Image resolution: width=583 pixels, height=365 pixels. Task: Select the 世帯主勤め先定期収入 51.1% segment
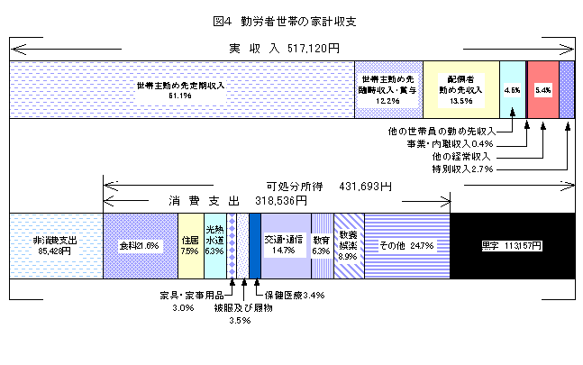pyautogui.click(x=180, y=88)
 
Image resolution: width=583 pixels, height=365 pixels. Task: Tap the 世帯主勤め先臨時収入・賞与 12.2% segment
pyautogui.click(x=387, y=88)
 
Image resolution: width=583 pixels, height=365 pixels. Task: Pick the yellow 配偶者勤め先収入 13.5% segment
pyautogui.click(x=460, y=88)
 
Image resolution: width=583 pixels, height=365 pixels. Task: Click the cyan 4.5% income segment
pyautogui.click(x=512, y=88)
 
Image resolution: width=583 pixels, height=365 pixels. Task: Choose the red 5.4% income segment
pyautogui.click(x=542, y=88)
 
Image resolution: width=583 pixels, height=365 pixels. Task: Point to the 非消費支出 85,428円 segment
pyautogui.click(x=56, y=244)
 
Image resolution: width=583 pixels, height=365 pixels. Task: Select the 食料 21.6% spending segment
pyautogui.click(x=140, y=244)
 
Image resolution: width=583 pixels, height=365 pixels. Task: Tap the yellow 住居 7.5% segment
pyautogui.click(x=190, y=244)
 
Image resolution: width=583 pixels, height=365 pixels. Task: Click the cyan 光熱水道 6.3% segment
pyautogui.click(x=214, y=244)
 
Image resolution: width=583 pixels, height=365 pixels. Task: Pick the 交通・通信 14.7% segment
pyautogui.click(x=286, y=244)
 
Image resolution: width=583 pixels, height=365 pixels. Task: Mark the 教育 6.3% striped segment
pyautogui.click(x=322, y=244)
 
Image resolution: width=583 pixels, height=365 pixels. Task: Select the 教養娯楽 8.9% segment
pyautogui.click(x=349, y=244)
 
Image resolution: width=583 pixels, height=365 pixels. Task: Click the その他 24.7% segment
pyautogui.click(x=406, y=244)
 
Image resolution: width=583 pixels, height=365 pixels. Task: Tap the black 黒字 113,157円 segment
pyautogui.click(x=511, y=244)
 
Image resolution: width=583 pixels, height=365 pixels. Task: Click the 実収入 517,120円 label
pyautogui.click(x=283, y=47)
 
